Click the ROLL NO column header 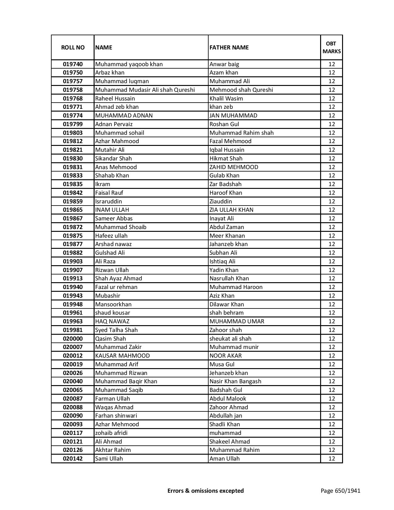tap(73, 47)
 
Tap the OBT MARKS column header tap(332, 47)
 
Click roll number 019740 tap(73, 64)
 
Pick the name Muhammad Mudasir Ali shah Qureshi tap(145, 90)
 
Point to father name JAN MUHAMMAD tap(233, 116)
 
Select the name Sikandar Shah tap(113, 159)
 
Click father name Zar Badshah tap(226, 184)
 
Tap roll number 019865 tap(73, 210)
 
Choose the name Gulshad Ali tap(110, 253)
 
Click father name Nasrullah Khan tap(229, 278)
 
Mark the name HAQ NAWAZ tap(112, 321)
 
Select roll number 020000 tap(73, 339)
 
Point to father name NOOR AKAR tap(226, 356)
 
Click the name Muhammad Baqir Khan tap(126, 381)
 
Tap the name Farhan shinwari tap(116, 416)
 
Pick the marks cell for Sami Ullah tap(332, 459)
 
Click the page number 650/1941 tap(340, 491)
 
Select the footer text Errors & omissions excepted tap(205, 491)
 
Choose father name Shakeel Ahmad tap(230, 442)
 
